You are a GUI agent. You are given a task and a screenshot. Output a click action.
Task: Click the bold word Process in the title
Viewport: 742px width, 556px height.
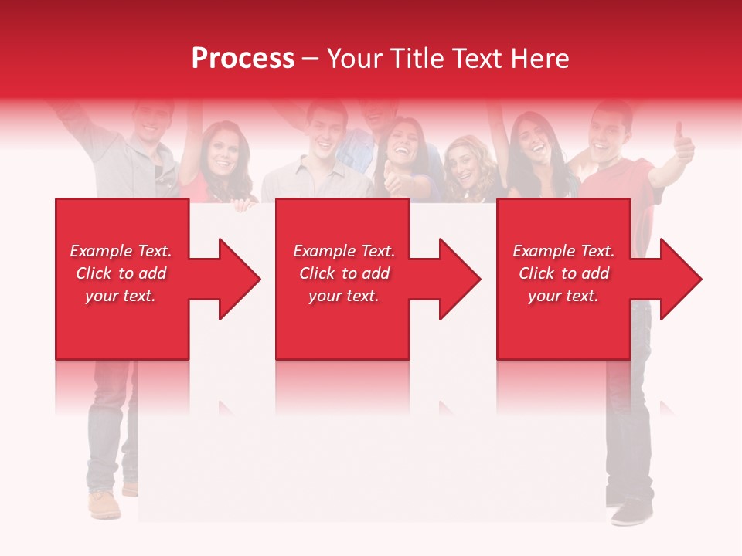243,59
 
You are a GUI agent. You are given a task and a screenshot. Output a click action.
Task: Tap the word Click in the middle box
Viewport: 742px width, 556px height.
317,273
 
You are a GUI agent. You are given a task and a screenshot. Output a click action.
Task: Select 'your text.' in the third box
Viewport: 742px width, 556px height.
563,296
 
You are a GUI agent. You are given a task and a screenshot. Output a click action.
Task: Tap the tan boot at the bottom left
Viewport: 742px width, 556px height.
104,504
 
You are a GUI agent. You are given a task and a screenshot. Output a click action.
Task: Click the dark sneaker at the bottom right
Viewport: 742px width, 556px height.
632,512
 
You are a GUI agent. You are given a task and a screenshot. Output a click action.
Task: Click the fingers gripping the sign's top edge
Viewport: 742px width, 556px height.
244,205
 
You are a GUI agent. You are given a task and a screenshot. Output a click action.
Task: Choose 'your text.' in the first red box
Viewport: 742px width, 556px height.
120,296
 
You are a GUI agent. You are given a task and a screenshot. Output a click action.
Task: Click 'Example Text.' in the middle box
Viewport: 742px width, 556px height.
343,251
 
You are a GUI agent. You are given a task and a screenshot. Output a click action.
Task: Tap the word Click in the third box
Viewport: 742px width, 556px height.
536,273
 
